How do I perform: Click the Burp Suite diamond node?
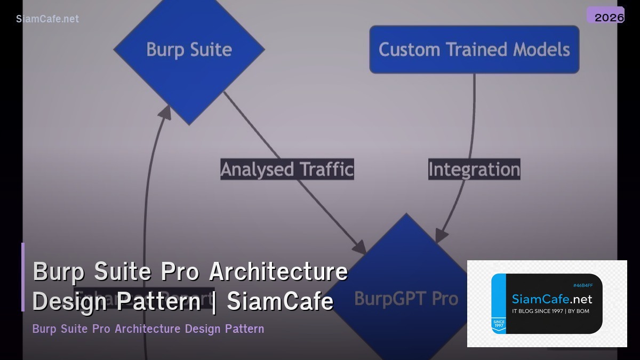[x=189, y=50]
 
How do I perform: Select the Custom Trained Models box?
[x=474, y=50]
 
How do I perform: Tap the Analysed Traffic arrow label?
[x=287, y=169]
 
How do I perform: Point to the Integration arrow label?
[x=474, y=169]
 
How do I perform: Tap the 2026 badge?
[x=609, y=17]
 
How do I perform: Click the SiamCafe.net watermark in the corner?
[x=47, y=19]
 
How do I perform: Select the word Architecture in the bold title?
[x=278, y=271]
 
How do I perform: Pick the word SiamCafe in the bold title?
[x=281, y=301]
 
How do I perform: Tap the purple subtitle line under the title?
[x=148, y=329]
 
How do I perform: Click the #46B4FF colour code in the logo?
[x=582, y=285]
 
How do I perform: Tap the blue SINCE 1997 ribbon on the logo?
[x=499, y=324]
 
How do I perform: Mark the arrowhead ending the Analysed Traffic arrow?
[x=360, y=247]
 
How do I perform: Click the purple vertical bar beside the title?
[x=23, y=277]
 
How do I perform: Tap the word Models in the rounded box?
[x=541, y=50]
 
